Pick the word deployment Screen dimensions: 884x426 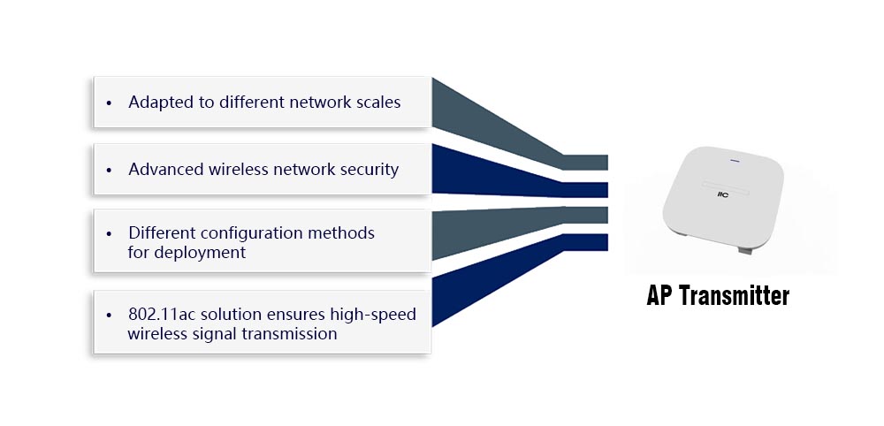(200, 253)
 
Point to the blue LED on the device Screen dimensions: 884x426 (735, 161)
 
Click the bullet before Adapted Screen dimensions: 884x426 (109, 103)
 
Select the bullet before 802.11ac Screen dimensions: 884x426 (109, 315)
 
